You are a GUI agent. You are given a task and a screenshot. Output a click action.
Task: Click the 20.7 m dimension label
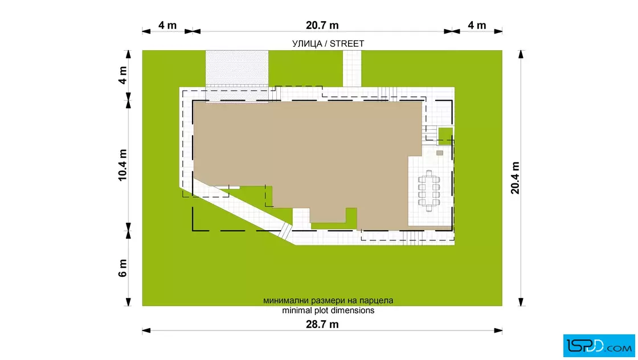click(322, 25)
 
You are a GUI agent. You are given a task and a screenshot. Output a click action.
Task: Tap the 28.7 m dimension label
click(322, 324)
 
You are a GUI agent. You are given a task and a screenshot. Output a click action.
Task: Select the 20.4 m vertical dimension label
click(515, 178)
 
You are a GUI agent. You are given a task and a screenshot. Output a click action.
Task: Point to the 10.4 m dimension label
click(122, 165)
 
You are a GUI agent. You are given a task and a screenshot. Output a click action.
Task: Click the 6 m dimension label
click(122, 268)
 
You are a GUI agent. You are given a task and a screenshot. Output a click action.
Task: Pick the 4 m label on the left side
click(122, 75)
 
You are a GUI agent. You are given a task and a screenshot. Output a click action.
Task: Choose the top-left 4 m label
click(167, 25)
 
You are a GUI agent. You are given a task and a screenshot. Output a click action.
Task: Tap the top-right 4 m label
click(476, 25)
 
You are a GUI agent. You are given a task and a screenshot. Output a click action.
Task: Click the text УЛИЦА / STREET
click(328, 43)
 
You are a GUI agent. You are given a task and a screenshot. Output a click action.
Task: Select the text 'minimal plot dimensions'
click(328, 310)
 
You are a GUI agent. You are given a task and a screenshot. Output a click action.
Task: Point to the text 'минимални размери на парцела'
click(328, 301)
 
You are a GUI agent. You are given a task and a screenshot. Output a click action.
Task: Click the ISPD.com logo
click(599, 346)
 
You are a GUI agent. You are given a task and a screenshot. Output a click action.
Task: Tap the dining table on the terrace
click(429, 191)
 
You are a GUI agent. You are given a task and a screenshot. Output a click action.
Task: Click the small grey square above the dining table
click(439, 153)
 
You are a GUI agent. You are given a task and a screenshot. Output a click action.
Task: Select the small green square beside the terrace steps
click(445, 136)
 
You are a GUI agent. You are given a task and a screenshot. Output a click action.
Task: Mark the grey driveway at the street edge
click(237, 68)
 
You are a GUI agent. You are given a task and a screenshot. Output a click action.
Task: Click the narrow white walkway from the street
click(352, 68)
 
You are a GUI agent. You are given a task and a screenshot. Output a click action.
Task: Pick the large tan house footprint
click(301, 159)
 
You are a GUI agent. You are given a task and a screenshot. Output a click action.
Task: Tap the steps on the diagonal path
click(286, 231)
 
